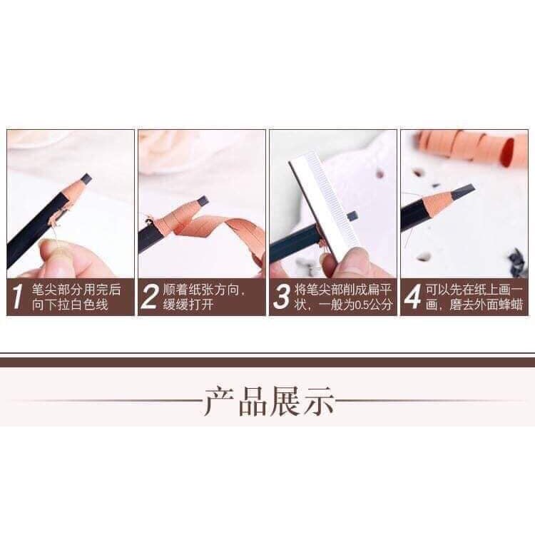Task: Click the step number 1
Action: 17,297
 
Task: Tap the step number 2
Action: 148,297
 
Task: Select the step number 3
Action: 282,297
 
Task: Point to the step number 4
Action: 412,297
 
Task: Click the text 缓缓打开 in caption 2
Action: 188,305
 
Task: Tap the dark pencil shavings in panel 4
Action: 515,253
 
